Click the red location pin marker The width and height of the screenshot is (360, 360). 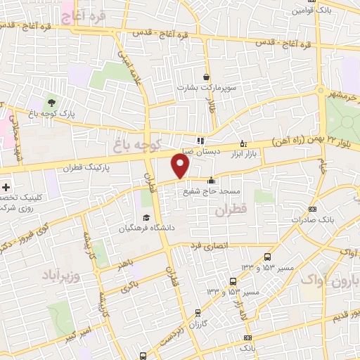(x=181, y=167)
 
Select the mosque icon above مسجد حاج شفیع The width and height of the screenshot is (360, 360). (x=211, y=181)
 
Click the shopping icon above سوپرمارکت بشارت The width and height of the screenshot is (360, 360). (x=206, y=77)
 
